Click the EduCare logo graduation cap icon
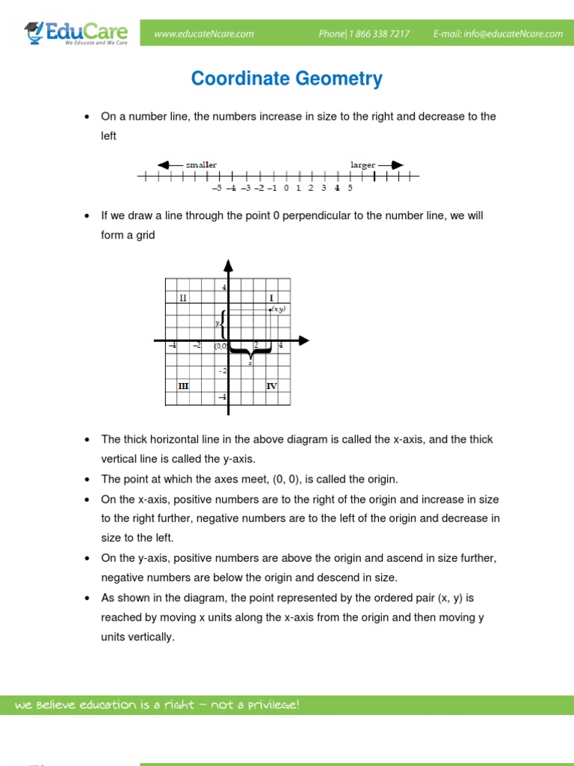[34, 30]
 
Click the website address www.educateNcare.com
[204, 34]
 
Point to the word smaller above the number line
[201, 164]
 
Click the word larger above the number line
[363, 164]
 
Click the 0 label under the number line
[286, 188]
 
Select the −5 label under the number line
[217, 188]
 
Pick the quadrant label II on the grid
[183, 298]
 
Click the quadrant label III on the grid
[183, 386]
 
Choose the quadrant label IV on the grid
[271, 386]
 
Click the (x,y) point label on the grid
[280, 309]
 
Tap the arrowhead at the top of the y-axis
[229, 265]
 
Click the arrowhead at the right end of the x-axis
[303, 341]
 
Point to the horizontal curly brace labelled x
[250, 352]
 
